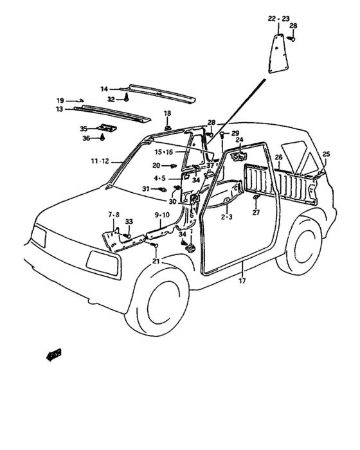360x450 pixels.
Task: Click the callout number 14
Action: click(104, 89)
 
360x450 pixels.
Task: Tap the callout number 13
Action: click(59, 109)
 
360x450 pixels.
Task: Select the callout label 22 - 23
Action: click(278, 19)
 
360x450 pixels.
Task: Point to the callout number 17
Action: click(242, 281)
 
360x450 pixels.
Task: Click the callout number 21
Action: click(156, 261)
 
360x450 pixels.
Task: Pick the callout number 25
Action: click(326, 154)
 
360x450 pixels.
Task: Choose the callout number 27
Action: click(256, 212)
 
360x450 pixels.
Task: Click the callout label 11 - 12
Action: click(100, 161)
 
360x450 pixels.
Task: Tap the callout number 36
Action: click(86, 138)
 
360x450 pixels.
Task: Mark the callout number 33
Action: click(129, 222)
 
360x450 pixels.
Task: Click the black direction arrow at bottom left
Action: click(54, 355)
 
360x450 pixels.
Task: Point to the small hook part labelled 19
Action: click(80, 100)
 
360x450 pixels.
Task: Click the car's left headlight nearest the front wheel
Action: click(102, 263)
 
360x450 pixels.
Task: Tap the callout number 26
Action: click(278, 157)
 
